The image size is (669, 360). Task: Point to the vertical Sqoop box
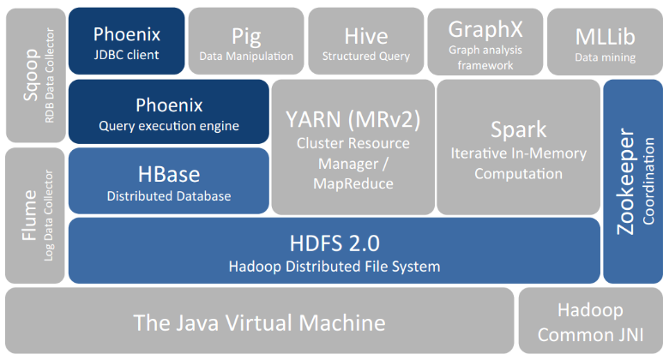click(36, 75)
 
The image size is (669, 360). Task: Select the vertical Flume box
click(36, 216)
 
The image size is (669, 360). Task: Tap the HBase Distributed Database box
click(169, 182)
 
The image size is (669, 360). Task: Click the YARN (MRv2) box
click(353, 147)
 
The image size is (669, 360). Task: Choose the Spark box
click(518, 147)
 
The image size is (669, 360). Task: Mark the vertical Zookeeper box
click(633, 182)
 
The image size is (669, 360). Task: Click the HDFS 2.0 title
click(334, 241)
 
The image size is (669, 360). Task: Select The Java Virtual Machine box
click(259, 322)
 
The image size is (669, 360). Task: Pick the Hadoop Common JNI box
click(590, 322)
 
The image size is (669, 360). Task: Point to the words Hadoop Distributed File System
click(334, 266)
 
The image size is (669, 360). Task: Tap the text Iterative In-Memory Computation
click(518, 163)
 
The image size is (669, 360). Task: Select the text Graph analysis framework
click(485, 57)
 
